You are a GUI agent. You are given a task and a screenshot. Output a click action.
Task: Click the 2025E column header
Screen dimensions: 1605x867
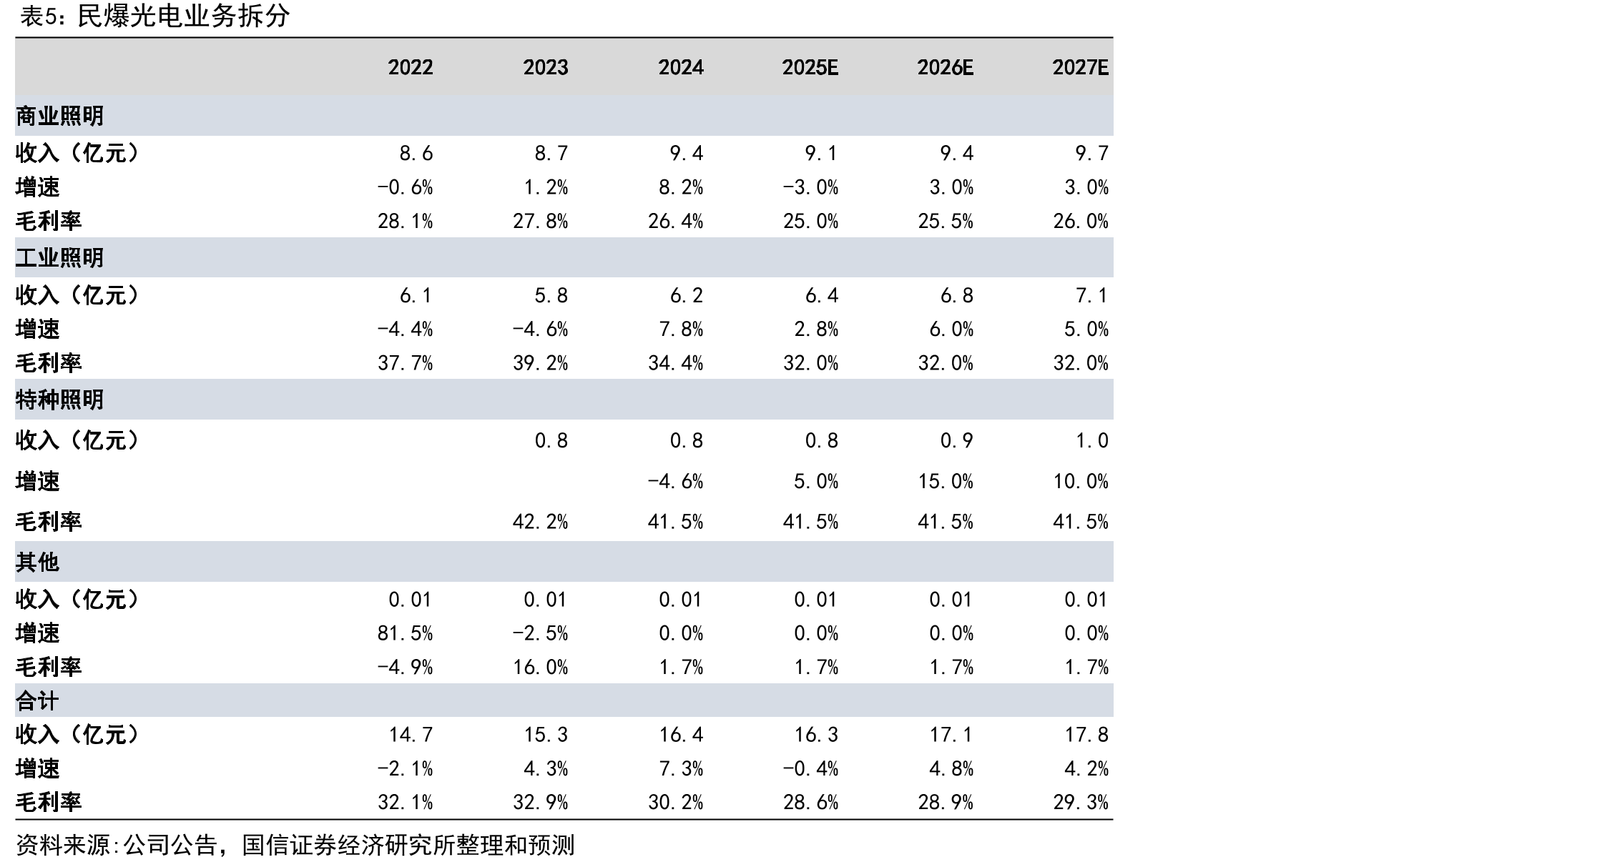(x=810, y=67)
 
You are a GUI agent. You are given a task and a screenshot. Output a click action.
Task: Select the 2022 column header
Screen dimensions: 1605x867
(x=411, y=67)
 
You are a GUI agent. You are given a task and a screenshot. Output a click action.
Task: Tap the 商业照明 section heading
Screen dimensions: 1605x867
(x=59, y=116)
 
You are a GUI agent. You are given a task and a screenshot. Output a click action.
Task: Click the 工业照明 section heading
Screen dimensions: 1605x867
(x=59, y=257)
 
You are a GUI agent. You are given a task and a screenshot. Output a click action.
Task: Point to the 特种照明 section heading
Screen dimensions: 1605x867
(x=59, y=399)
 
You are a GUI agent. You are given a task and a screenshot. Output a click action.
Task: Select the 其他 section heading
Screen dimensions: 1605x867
(x=37, y=562)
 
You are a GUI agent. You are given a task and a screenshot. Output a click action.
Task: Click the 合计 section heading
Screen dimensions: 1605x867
(x=37, y=700)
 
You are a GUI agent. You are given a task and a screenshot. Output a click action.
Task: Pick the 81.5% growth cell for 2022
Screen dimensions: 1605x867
(x=406, y=633)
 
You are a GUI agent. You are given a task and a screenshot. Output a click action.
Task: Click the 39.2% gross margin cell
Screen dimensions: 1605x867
(x=541, y=363)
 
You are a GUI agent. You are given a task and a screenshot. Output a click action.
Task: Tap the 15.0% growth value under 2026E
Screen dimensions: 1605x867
(x=946, y=481)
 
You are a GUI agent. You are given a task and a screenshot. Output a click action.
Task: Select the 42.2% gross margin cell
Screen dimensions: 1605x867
(x=541, y=522)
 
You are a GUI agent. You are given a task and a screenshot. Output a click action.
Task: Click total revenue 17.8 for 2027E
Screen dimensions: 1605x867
(x=1086, y=735)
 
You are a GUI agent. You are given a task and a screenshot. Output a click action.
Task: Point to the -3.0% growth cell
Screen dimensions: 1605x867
(x=810, y=187)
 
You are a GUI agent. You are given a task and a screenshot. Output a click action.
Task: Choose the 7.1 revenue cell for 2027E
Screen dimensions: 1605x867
(x=1092, y=295)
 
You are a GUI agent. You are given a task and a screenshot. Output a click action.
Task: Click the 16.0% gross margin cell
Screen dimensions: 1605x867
(x=541, y=668)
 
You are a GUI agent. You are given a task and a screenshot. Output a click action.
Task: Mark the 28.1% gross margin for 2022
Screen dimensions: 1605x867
(x=406, y=222)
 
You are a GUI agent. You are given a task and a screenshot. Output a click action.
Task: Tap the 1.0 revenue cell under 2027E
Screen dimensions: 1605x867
(x=1092, y=440)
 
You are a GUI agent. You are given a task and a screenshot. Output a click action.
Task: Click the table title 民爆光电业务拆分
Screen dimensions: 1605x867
(x=183, y=16)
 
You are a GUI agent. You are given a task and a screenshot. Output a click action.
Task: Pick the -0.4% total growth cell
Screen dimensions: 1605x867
(x=810, y=769)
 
